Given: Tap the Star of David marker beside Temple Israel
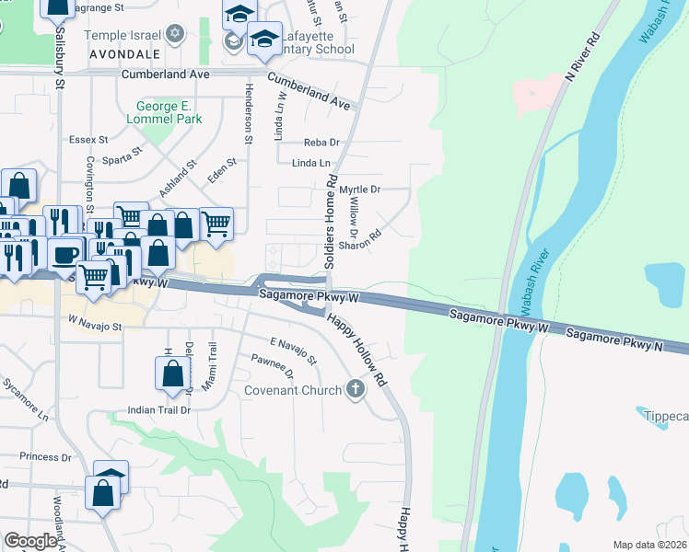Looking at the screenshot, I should [x=176, y=35].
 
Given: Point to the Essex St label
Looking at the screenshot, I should [x=88, y=140].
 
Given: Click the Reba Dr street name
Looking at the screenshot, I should [x=321, y=143].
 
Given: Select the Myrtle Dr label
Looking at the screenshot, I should [x=360, y=190].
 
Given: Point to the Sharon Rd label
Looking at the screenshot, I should [x=360, y=240].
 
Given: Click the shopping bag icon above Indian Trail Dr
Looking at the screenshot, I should [x=172, y=374].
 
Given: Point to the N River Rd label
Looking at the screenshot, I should [x=583, y=61].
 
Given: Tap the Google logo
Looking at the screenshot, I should [x=30, y=541].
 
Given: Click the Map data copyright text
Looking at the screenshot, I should [x=650, y=545].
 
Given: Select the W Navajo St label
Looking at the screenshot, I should [x=95, y=327].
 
